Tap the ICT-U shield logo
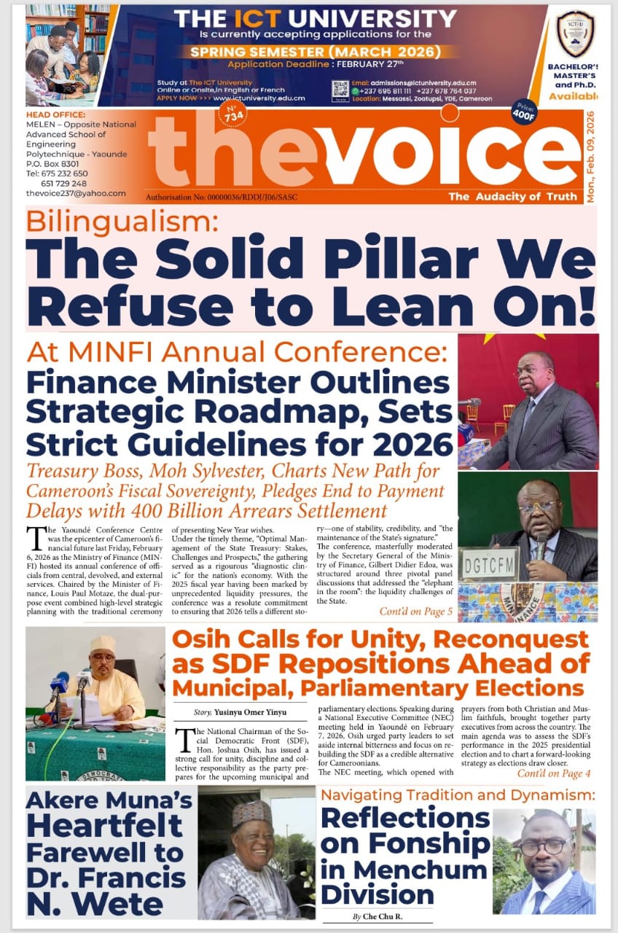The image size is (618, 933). (576, 34)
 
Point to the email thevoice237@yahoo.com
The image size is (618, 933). (76, 193)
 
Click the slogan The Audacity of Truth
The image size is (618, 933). (510, 197)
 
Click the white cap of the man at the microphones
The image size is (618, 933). (103, 644)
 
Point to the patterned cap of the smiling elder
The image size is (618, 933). (251, 813)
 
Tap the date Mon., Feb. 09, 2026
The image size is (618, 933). (590, 157)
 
